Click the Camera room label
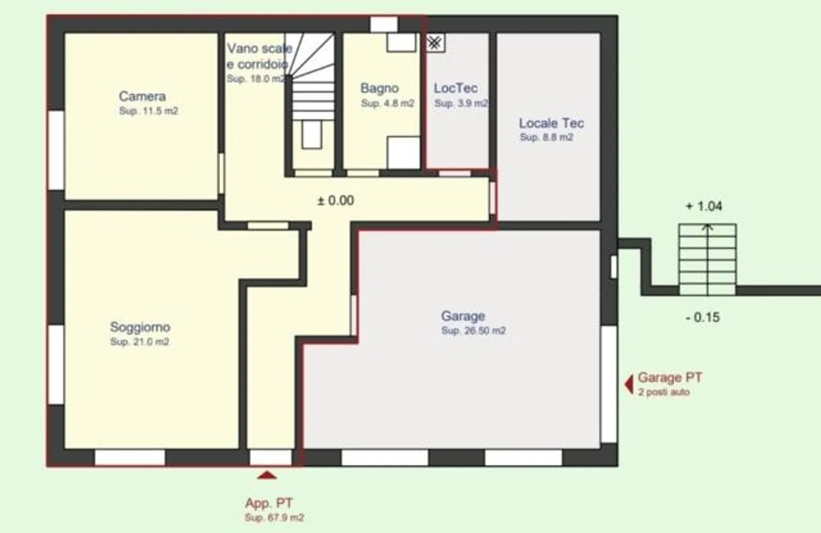click(142, 96)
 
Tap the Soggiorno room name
click(140, 327)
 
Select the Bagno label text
click(379, 88)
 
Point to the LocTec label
click(456, 88)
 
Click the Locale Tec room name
click(551, 123)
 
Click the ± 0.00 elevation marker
click(335, 200)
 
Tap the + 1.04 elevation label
click(704, 206)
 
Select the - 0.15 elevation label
click(702, 317)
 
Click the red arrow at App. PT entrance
click(267, 475)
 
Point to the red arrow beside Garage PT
click(629, 384)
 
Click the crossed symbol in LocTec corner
click(435, 43)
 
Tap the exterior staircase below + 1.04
click(707, 260)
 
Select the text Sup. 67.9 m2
click(274, 518)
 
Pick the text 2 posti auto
click(664, 392)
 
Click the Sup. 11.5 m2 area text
click(148, 111)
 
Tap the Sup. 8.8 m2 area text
click(546, 137)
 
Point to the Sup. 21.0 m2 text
click(139, 342)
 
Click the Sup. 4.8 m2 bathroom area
click(388, 103)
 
